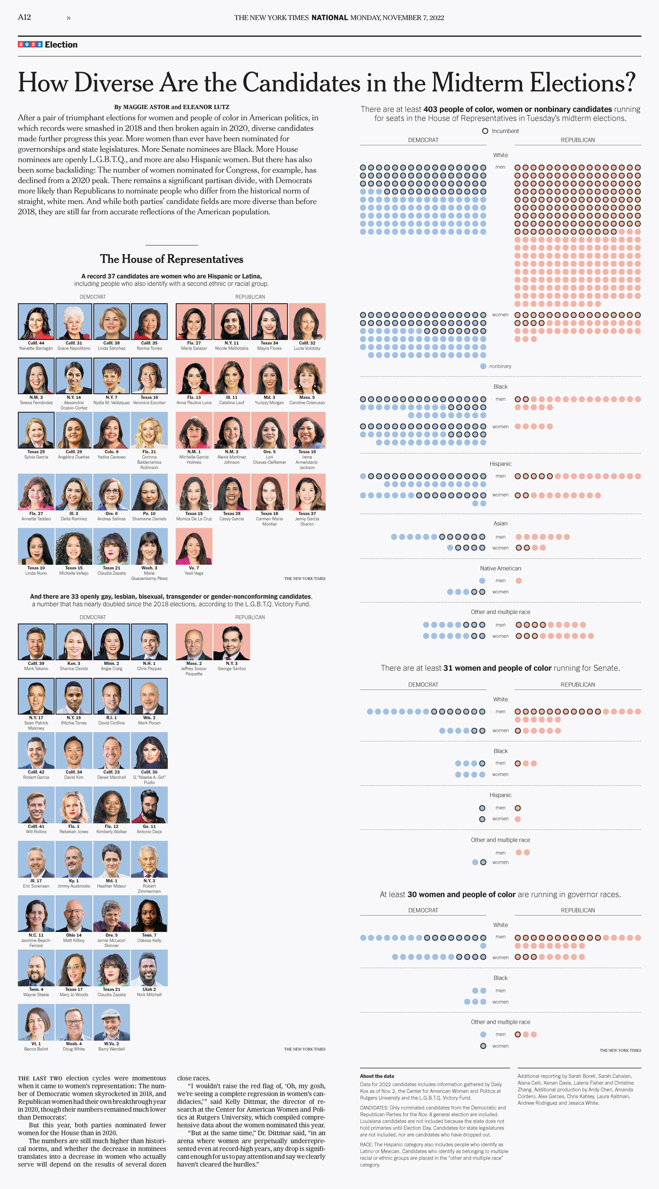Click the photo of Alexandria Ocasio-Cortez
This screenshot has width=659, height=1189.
pyautogui.click(x=74, y=376)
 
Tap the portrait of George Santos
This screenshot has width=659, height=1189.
pyautogui.click(x=232, y=642)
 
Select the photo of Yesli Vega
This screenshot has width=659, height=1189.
pyautogui.click(x=194, y=546)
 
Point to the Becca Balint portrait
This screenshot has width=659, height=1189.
pyautogui.click(x=36, y=1022)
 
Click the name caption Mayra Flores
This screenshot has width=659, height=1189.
pyautogui.click(x=269, y=348)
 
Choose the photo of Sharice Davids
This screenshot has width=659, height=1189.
pyautogui.click(x=74, y=642)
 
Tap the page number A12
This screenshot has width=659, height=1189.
pyautogui.click(x=25, y=17)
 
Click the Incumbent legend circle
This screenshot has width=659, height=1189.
pyautogui.click(x=485, y=131)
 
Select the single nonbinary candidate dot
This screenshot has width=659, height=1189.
pyautogui.click(x=483, y=366)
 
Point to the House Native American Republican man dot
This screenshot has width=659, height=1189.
pyautogui.click(x=518, y=581)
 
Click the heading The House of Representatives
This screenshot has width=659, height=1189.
pyautogui.click(x=171, y=259)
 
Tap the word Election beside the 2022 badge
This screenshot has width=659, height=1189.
pyautogui.click(x=61, y=45)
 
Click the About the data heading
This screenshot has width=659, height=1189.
pyautogui.click(x=377, y=1076)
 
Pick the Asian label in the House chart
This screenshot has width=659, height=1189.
pyautogui.click(x=500, y=524)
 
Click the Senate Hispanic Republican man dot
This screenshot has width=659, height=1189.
pyautogui.click(x=518, y=808)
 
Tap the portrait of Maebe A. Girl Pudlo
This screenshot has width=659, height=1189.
pyautogui.click(x=149, y=750)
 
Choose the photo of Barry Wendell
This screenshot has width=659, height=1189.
pyautogui.click(x=112, y=1022)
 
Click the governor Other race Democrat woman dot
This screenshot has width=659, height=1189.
pyautogui.click(x=483, y=1046)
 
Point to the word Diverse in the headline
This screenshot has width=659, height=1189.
pyautogui.click(x=113, y=83)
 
